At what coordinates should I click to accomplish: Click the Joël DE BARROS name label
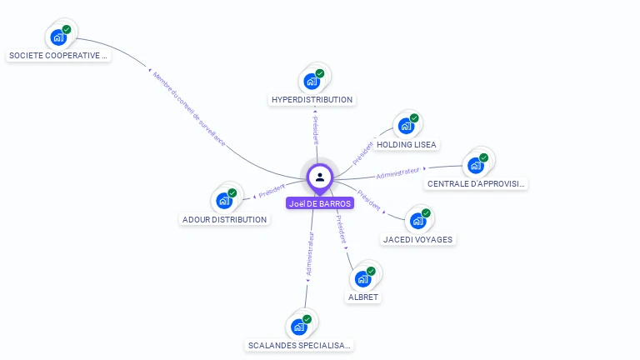coord(320,202)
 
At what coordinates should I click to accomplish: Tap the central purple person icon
coord(320,177)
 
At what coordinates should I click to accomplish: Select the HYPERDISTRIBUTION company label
coord(312,100)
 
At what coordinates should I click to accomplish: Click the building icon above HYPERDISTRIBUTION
coord(312,81)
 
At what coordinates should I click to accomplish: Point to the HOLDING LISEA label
coord(407,144)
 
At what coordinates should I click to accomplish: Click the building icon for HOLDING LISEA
coord(407,126)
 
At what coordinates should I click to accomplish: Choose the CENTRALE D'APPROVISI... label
coord(476,183)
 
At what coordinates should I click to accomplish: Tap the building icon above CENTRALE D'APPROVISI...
coord(477,164)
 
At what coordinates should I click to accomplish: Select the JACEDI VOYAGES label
coord(417,239)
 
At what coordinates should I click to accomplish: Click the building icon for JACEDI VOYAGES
coord(418,221)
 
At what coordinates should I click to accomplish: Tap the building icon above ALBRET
coord(363,278)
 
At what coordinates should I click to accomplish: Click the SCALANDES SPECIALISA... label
coord(300,345)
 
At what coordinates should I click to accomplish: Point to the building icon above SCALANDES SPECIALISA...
coord(299,327)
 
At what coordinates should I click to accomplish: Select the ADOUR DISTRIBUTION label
coord(224,220)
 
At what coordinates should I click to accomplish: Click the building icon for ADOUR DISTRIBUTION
coord(224,201)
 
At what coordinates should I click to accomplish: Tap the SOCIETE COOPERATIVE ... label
coord(58,56)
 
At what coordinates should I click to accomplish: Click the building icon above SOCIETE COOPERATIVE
coord(58,37)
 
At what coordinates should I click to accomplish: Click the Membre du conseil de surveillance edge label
coord(189,108)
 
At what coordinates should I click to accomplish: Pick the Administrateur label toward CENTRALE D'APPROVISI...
coord(399,173)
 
